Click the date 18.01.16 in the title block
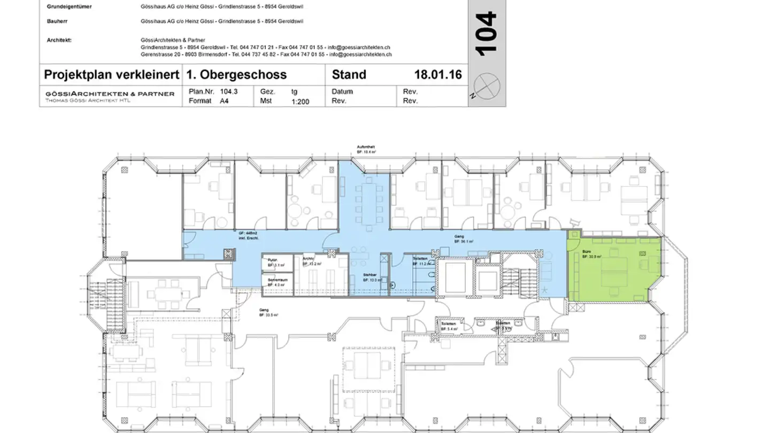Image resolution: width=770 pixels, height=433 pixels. coord(437,74)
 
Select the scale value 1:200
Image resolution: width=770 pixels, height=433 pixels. coord(300,101)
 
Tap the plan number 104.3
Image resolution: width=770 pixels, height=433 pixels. coord(228,91)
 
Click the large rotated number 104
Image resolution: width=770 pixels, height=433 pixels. coord(486,34)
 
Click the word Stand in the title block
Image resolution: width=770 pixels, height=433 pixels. coord(349,74)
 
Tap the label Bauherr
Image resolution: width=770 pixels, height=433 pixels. coord(57,21)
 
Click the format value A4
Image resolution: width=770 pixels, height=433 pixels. coord(225,101)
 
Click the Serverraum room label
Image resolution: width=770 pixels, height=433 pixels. coord(278,280)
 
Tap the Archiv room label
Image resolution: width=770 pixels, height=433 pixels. coord(308,259)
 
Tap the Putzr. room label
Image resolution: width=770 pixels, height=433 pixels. coord(273,259)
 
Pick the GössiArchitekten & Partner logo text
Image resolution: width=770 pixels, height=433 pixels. coord(109,94)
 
